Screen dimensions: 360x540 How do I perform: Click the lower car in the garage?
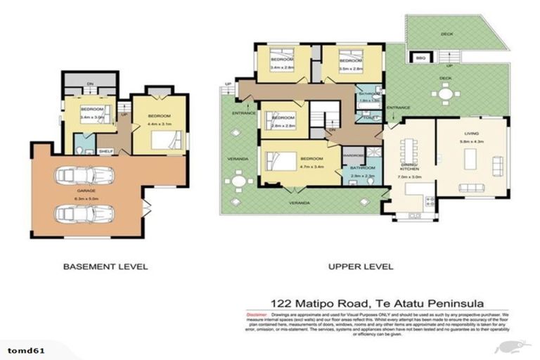83,212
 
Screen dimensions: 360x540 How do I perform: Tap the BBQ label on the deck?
421,58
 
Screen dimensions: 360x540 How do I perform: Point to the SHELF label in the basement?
105,150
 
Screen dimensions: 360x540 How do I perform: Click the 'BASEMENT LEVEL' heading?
105,266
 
